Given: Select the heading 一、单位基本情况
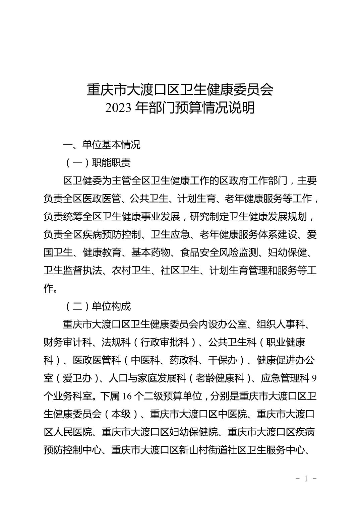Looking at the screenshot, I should (102, 145).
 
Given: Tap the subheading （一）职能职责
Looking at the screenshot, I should (97, 163).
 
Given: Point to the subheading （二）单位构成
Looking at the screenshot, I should (97, 306).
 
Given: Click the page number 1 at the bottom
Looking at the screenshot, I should (306, 478).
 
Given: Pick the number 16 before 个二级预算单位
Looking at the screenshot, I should (126, 396).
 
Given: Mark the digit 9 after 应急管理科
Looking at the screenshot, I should (314, 378).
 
